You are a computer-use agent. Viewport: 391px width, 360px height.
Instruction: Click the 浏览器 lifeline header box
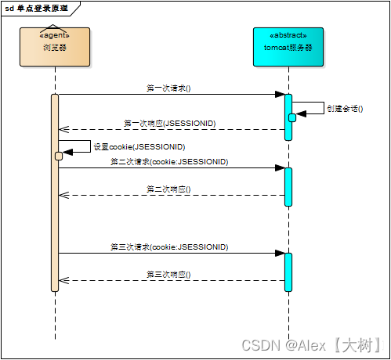click(55, 47)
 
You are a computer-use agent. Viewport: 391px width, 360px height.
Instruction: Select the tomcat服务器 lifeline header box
click(288, 47)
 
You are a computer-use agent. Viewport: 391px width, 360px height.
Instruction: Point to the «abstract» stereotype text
click(288, 36)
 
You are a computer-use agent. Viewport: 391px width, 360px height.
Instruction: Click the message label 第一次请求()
click(168, 88)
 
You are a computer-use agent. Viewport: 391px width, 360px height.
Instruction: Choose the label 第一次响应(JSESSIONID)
click(170, 123)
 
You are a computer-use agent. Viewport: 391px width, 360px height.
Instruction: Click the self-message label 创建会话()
click(345, 109)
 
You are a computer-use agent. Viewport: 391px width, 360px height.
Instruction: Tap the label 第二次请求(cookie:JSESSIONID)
click(169, 161)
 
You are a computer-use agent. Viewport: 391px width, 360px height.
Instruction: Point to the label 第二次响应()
click(168, 189)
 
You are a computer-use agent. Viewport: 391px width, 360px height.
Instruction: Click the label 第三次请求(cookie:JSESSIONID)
click(169, 247)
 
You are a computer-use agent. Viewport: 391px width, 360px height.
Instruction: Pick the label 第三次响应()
click(168, 275)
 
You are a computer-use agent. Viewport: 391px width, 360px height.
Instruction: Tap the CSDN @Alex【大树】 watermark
click(311, 344)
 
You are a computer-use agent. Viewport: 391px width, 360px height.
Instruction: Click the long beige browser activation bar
click(55, 219)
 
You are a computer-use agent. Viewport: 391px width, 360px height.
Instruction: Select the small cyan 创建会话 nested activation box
click(292, 117)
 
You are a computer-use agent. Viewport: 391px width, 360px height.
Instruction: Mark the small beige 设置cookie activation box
click(59, 156)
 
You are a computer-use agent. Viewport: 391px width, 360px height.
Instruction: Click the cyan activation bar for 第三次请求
click(288, 272)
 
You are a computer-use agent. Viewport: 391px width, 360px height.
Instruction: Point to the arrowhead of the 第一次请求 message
click(279, 95)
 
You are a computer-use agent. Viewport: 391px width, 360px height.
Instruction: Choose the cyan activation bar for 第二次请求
click(288, 186)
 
